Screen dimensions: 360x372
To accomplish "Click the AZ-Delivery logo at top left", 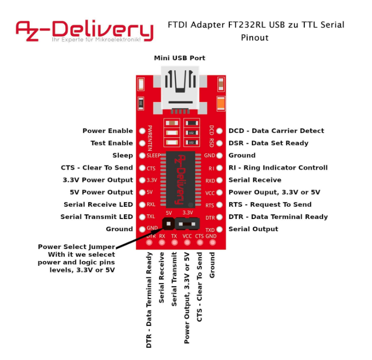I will tap(84, 31).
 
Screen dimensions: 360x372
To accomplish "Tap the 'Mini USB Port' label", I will tap(179, 58).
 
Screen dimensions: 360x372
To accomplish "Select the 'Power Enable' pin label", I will tap(108, 131).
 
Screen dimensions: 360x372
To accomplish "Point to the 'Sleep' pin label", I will tap(122, 155).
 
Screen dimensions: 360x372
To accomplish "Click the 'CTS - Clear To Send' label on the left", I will tap(97, 168).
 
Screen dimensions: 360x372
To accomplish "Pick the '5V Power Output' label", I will tap(101, 192).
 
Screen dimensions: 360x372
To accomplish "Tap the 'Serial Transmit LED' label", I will tap(97, 216).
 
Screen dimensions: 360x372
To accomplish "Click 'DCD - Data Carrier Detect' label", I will tap(276, 131).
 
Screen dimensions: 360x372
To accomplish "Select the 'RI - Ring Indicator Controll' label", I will tap(278, 168).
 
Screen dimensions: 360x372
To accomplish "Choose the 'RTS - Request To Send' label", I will tap(270, 204).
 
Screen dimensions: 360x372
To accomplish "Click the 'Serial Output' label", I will tap(253, 229).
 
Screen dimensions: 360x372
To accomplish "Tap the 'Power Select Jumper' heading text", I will tap(76, 247).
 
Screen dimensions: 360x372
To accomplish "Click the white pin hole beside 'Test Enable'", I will tap(142, 143).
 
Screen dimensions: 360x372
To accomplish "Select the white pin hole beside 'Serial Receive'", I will tap(220, 180).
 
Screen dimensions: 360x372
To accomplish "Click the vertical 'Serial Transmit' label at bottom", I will tap(174, 278).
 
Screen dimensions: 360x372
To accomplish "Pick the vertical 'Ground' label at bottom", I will tap(212, 264).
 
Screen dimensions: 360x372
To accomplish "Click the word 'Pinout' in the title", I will tap(255, 38).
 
